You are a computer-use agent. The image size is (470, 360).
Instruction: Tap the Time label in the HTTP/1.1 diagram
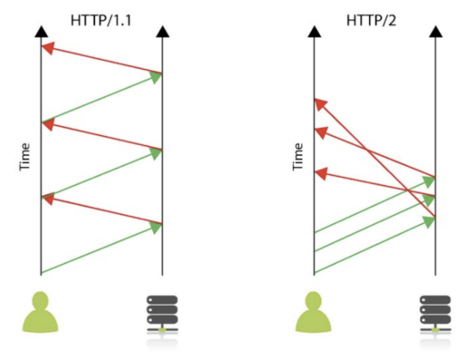click(25, 157)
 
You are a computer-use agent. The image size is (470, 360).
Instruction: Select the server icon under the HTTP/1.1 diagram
click(161, 316)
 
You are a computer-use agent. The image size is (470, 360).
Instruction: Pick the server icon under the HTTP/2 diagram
click(435, 316)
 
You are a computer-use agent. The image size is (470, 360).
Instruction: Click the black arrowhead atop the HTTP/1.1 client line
click(42, 31)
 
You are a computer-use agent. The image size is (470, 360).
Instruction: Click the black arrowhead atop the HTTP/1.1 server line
click(162, 31)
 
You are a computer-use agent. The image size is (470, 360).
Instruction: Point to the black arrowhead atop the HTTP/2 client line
click(315, 31)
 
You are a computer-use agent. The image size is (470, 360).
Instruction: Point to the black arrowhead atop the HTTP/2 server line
click(435, 31)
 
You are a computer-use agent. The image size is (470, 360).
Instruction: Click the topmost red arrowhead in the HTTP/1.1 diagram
click(48, 48)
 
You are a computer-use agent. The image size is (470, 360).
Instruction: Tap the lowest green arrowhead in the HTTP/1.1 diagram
click(156, 228)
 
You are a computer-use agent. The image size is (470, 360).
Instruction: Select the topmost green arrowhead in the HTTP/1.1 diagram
click(156, 77)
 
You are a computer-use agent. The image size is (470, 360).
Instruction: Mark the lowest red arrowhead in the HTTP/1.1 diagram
click(48, 198)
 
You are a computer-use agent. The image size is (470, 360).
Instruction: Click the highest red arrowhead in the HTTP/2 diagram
click(320, 104)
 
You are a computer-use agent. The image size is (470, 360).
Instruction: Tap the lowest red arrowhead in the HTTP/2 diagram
click(320, 173)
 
